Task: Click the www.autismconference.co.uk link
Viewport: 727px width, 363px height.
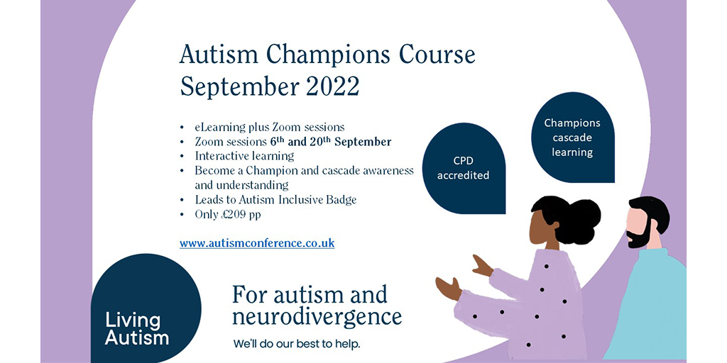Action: tap(257, 243)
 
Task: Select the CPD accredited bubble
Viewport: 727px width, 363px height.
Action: tap(464, 169)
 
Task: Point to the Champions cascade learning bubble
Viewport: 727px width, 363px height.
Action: tap(573, 138)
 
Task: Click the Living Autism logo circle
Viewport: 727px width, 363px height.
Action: tap(146, 308)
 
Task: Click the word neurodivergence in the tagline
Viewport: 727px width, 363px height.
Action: tap(317, 317)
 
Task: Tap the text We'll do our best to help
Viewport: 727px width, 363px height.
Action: tap(297, 345)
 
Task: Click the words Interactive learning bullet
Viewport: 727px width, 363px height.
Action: tap(244, 156)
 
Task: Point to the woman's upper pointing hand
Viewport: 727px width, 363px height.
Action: tap(482, 267)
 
